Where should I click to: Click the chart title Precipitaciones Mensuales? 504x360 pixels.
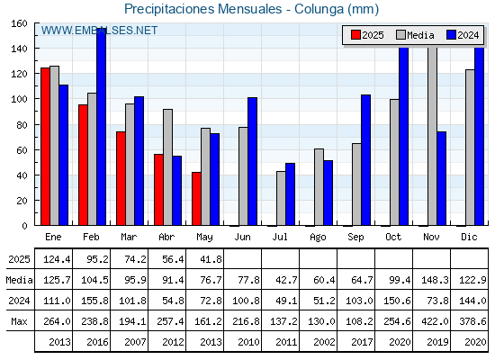click(202, 9)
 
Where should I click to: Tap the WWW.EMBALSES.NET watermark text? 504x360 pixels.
click(99, 31)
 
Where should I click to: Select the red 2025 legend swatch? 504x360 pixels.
click(355, 35)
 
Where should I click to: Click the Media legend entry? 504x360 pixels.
click(415, 35)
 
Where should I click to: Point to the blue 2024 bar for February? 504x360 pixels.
click(101, 127)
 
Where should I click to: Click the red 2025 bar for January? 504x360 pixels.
click(45, 147)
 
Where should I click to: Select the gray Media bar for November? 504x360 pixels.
click(432, 136)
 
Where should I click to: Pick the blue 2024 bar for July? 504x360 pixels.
click(290, 194)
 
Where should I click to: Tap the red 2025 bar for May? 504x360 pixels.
click(197, 199)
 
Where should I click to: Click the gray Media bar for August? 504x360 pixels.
click(319, 187)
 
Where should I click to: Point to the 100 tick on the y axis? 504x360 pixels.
click(19, 99)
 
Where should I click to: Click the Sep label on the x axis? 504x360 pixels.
click(355, 238)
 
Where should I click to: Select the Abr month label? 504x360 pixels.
click(166, 238)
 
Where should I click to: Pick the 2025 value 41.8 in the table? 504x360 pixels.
click(211, 259)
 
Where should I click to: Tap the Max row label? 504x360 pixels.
click(19, 321)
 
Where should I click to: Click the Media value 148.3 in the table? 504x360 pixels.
click(435, 280)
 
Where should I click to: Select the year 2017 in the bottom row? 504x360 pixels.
click(362, 342)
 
